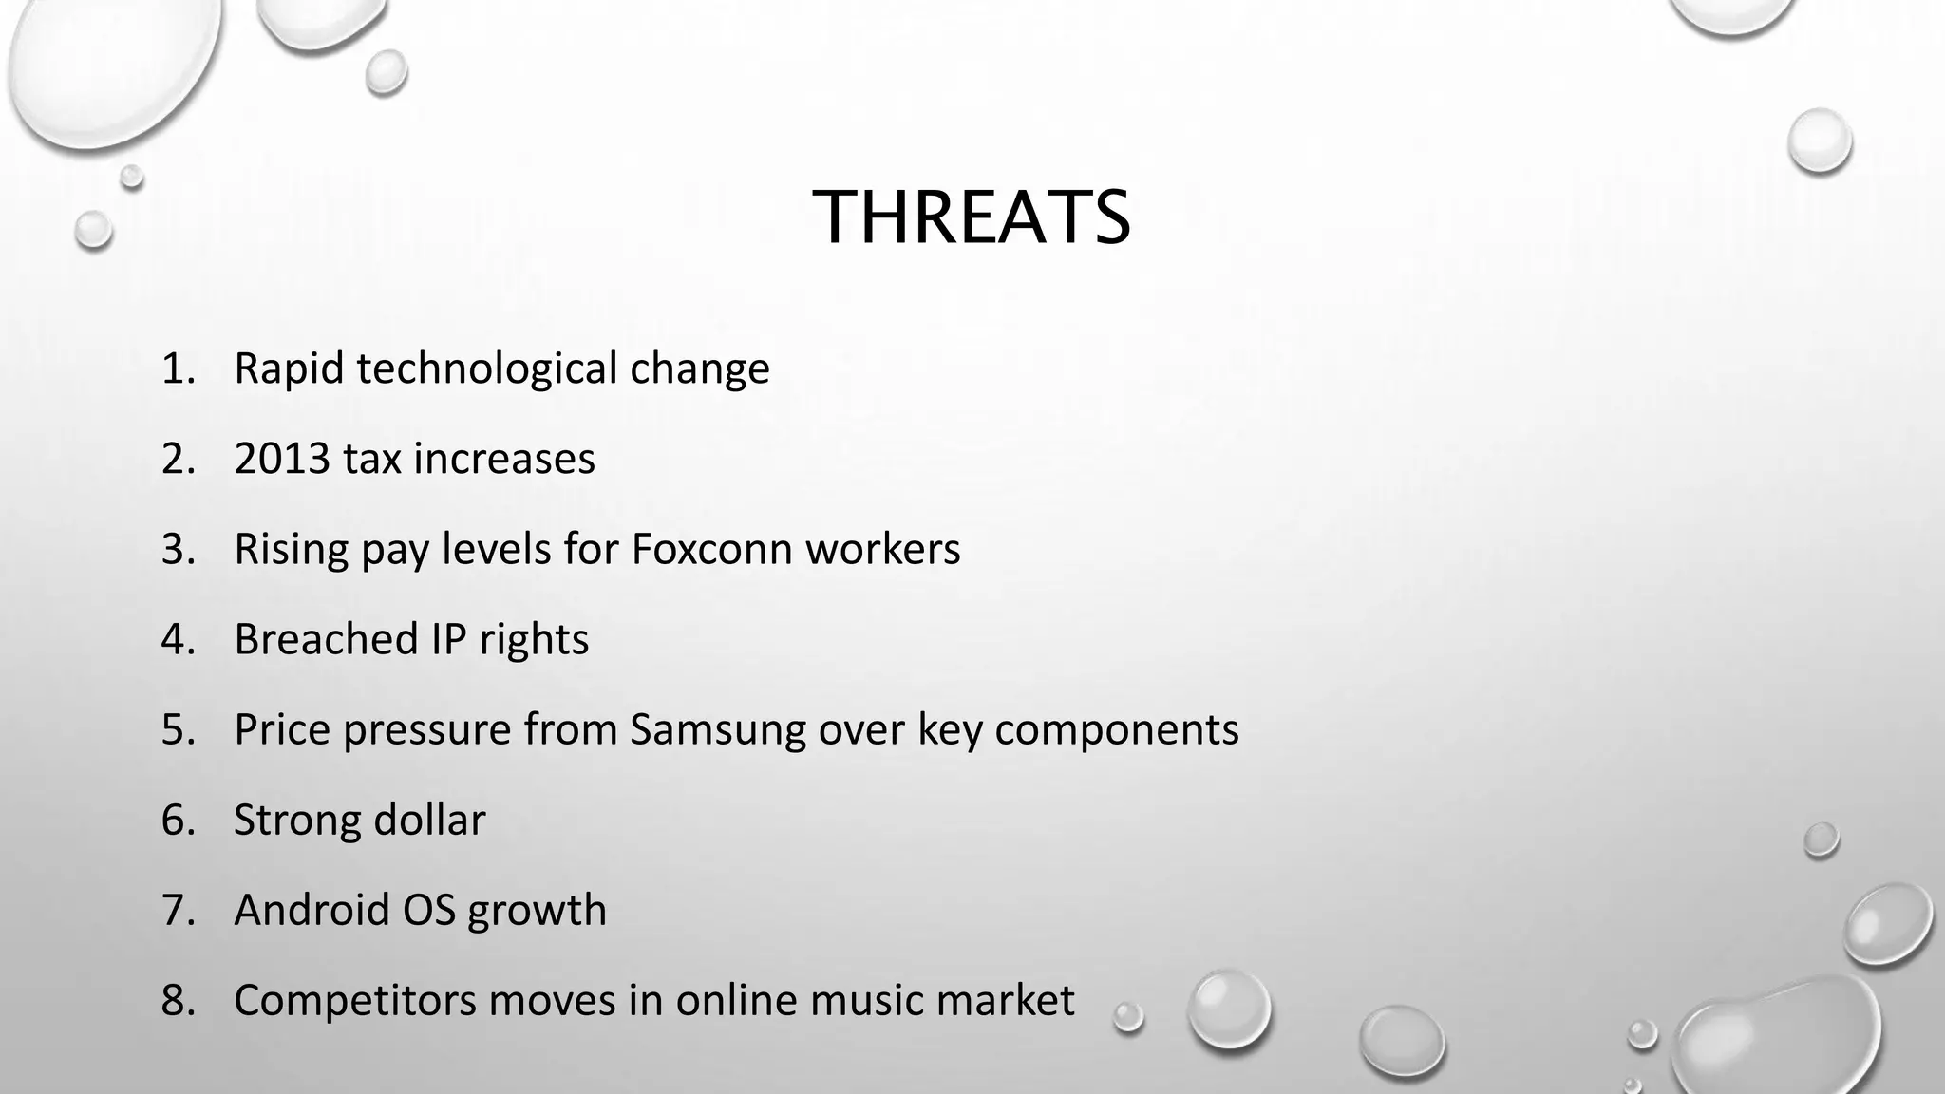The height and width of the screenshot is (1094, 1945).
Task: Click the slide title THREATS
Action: (x=972, y=217)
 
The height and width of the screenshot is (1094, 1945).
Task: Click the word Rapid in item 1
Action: (x=289, y=368)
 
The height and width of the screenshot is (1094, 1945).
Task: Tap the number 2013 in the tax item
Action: (x=281, y=459)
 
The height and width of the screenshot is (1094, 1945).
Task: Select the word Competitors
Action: (x=354, y=1000)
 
